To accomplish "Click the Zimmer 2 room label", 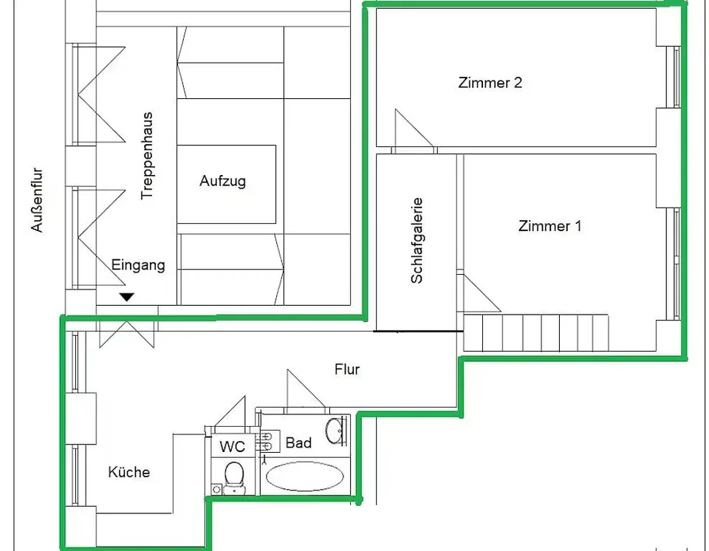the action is pos(490,83).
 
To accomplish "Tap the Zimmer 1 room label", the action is pos(549,226).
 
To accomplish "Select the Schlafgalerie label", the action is pos(417,241).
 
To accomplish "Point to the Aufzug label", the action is pos(222,182).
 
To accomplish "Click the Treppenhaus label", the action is pos(147,156).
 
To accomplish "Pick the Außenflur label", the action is pos(37,200).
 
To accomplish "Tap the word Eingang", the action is pos(138,265).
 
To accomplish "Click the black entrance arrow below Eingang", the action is pos(127,297).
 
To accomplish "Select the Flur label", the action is pos(347,369).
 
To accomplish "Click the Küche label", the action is pos(129,472).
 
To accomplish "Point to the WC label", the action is pos(232,447).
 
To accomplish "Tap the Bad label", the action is pos(298,442).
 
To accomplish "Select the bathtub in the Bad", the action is pos(305,476).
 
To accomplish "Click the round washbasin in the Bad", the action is pos(335,431).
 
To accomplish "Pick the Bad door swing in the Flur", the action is pos(306,389).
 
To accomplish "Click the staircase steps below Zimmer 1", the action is pos(536,332).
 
